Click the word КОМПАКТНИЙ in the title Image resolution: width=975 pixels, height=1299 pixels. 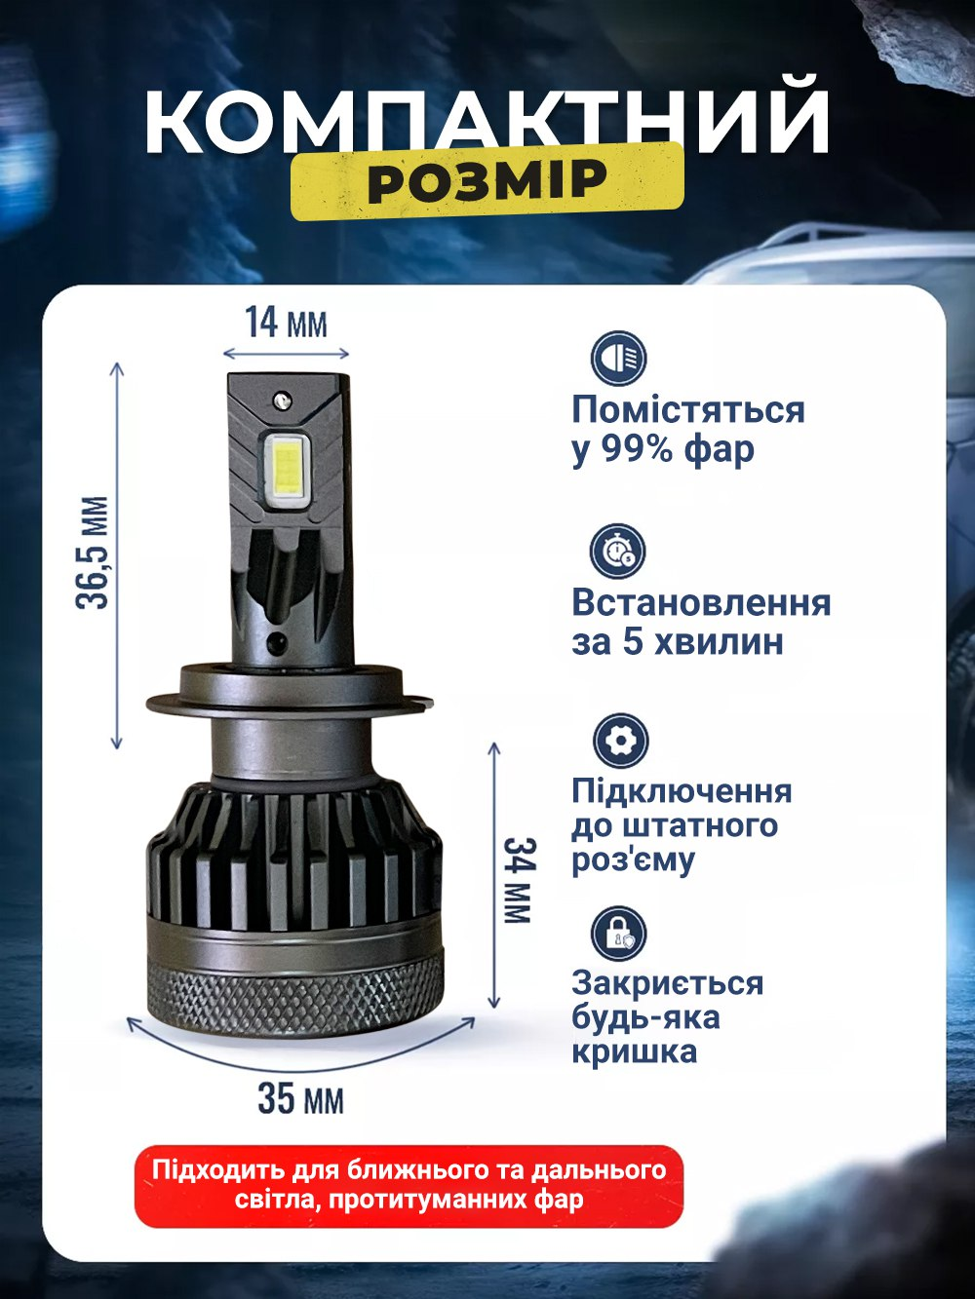tap(487, 121)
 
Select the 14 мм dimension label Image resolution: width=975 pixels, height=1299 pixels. tap(285, 322)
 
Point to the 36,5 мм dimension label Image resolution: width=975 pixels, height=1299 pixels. tap(94, 553)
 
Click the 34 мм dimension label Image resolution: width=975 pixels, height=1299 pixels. tap(518, 879)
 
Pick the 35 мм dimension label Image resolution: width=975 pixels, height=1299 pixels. tap(300, 1098)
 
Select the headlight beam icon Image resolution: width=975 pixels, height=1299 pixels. tap(618, 359)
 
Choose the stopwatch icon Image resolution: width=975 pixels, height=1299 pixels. tap(618, 551)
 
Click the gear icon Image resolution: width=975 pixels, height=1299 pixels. tap(619, 741)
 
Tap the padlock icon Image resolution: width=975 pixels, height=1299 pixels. tap(618, 933)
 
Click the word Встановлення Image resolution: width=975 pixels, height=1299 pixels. tap(701, 602)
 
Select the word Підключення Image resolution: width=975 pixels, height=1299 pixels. tap(682, 790)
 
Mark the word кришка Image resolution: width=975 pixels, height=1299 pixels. tap(634, 1052)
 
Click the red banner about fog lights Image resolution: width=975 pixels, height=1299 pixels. tap(409, 1185)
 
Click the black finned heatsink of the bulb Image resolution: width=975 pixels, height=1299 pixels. tap(292, 848)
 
